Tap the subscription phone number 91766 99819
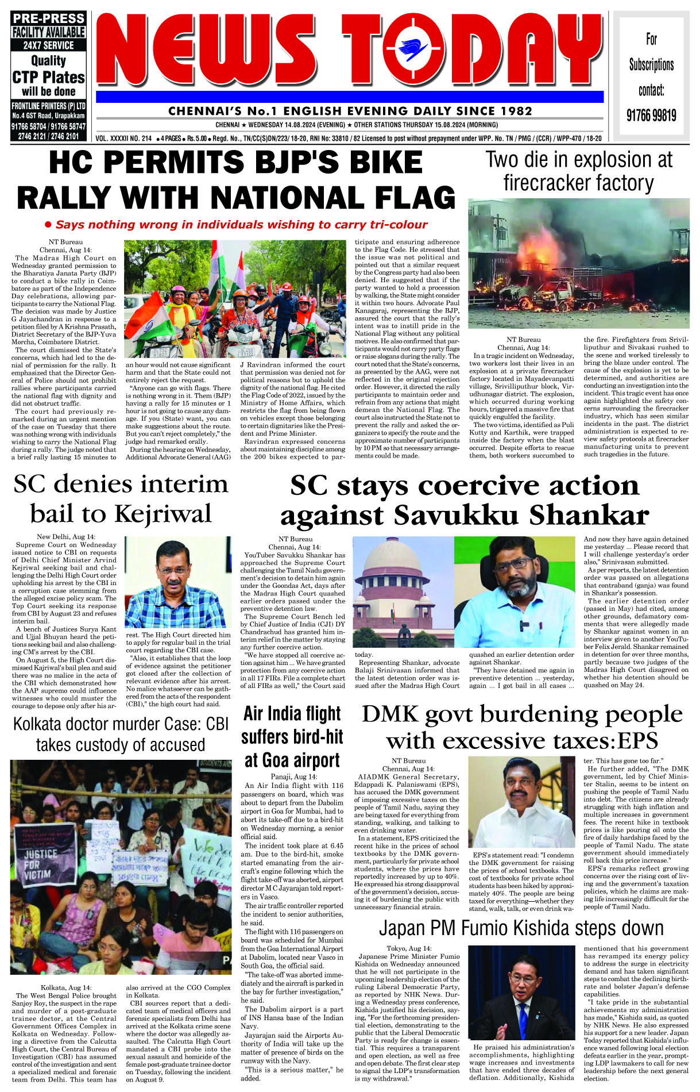point(651,116)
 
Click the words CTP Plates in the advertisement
point(49,77)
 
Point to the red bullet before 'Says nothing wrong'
point(48,225)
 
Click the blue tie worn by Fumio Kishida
point(523,1013)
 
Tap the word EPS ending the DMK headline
point(637,741)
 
